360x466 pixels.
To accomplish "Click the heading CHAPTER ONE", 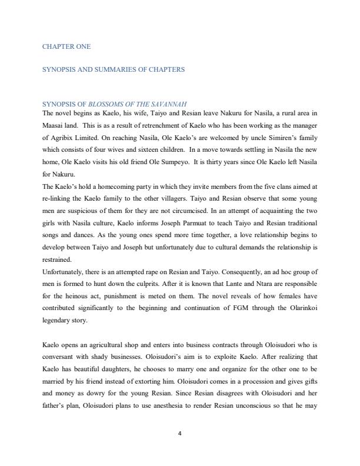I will point(66,46).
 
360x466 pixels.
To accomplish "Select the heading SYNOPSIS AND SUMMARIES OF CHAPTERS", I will point(114,69).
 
